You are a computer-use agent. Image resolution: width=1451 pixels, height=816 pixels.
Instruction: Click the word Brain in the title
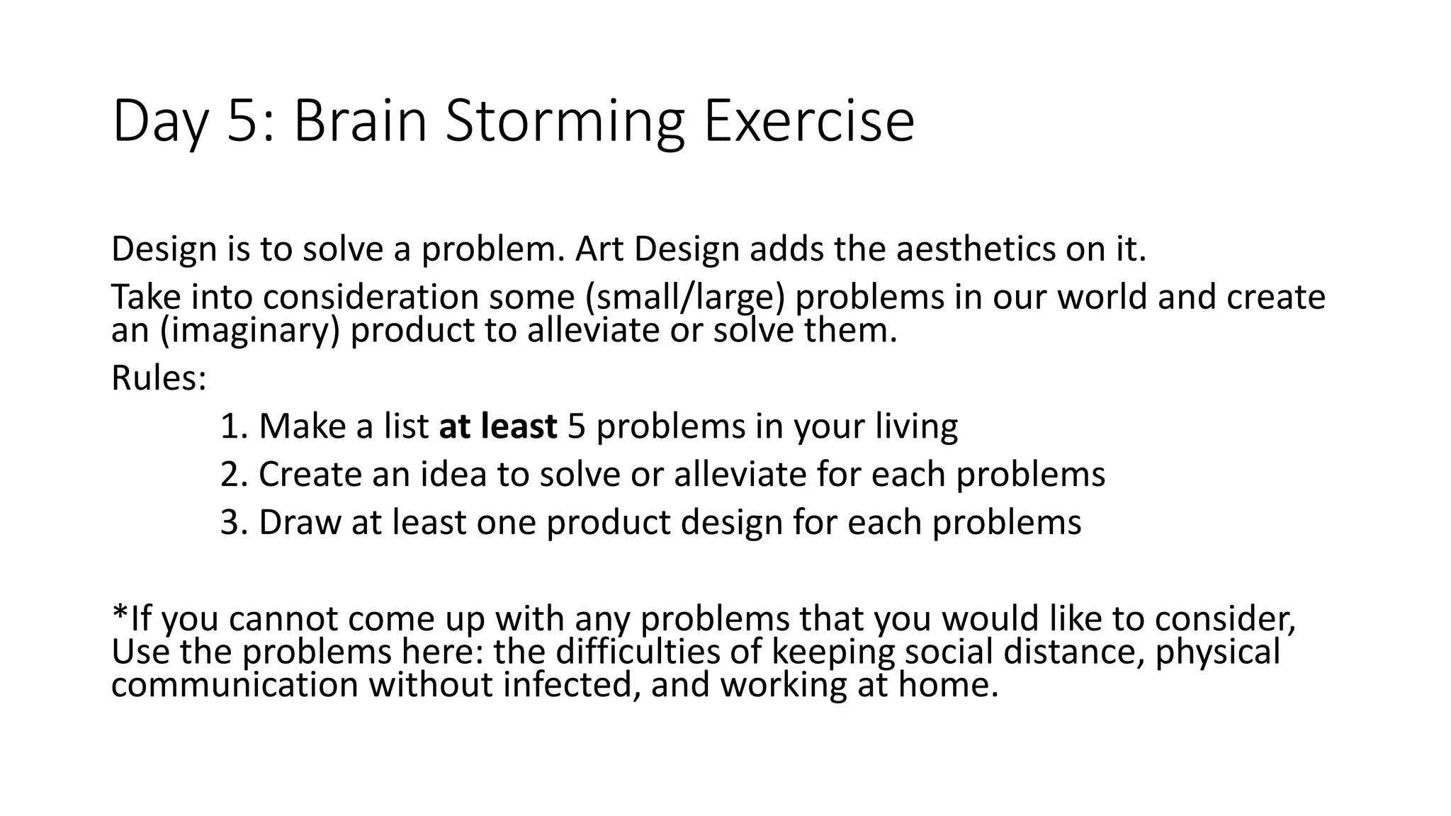(360, 122)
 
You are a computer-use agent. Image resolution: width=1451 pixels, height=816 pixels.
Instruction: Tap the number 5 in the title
(241, 122)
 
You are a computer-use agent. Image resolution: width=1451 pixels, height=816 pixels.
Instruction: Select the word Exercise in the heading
(808, 122)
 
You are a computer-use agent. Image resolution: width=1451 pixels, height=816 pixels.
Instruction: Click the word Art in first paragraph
(599, 249)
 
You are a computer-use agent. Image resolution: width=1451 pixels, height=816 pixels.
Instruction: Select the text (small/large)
(685, 297)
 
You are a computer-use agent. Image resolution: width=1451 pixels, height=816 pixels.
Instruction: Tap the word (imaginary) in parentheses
(251, 331)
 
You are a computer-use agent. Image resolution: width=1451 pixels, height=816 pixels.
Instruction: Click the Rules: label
(159, 378)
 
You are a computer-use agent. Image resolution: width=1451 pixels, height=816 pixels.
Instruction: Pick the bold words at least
(498, 426)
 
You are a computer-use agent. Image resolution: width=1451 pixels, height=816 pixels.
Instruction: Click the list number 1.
(231, 426)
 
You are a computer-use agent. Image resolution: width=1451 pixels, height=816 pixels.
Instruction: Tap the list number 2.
(231, 475)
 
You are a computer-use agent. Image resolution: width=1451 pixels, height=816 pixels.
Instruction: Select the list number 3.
(231, 523)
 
